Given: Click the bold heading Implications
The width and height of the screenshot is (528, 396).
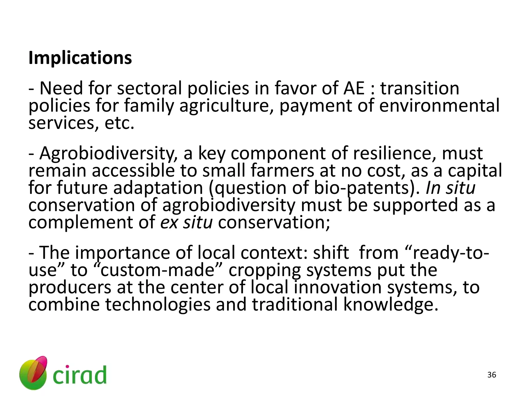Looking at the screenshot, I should [80, 58].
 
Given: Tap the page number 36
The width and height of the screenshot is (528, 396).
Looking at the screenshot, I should [492, 375].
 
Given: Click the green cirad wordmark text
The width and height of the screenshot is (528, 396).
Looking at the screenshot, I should [79, 375].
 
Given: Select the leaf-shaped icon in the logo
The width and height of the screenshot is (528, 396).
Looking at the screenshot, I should [34, 373].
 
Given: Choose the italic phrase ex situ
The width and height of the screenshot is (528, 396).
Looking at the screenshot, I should [186, 222].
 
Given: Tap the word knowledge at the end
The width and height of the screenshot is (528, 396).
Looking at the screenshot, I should [390, 304].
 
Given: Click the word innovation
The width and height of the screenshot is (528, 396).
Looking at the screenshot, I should [338, 287].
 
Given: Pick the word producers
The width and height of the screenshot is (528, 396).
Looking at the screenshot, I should [70, 288].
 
